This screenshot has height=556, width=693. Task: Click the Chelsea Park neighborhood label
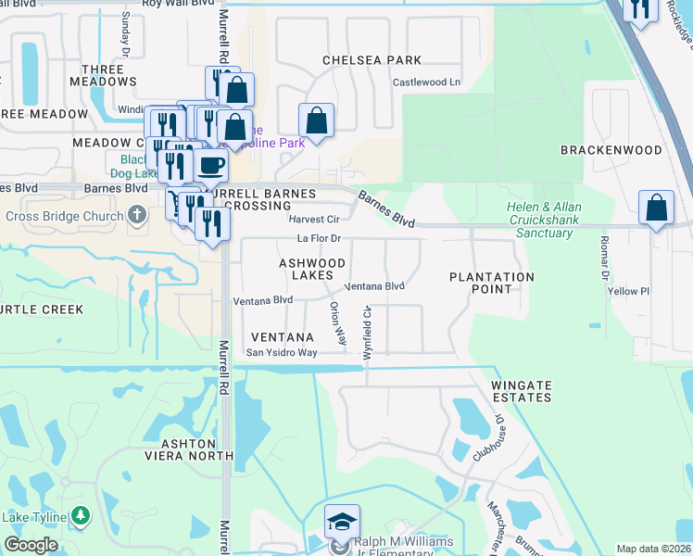pyautogui.click(x=372, y=60)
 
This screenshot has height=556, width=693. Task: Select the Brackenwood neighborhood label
pyautogui.click(x=611, y=150)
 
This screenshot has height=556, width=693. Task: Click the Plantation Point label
pyautogui.click(x=492, y=283)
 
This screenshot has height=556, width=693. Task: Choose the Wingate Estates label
pyautogui.click(x=522, y=391)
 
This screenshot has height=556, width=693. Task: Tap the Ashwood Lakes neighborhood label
pyautogui.click(x=312, y=270)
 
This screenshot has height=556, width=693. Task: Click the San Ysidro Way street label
pyautogui.click(x=282, y=353)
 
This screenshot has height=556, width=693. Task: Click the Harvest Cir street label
pyautogui.click(x=314, y=220)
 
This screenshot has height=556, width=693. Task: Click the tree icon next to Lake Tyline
pyautogui.click(x=82, y=515)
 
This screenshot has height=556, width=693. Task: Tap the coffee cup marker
pyautogui.click(x=211, y=165)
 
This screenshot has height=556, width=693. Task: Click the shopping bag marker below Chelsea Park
pyautogui.click(x=316, y=120)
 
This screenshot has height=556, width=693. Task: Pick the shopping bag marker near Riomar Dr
pyautogui.click(x=655, y=208)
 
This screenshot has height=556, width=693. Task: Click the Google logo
pyautogui.click(x=31, y=546)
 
